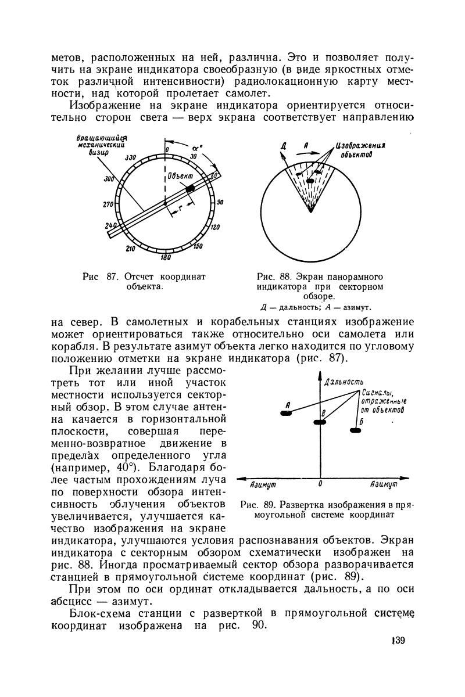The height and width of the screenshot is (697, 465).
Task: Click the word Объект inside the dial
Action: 181,174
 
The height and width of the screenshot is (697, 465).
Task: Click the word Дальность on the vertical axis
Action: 344,382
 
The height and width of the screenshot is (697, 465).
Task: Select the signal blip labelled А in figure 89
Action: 287,414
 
